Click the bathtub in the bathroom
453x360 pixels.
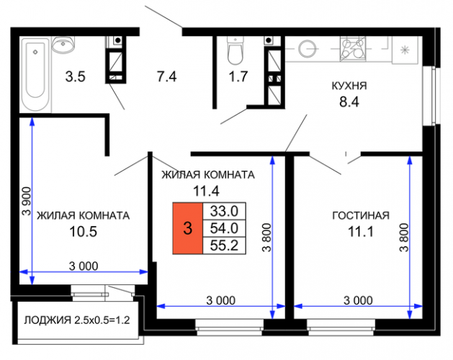[35, 75]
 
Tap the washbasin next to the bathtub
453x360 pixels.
[63, 45]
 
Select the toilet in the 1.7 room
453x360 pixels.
[236, 50]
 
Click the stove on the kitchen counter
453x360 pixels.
[353, 48]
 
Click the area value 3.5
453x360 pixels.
[75, 77]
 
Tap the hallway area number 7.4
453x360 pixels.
[166, 77]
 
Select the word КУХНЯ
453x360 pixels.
[349, 86]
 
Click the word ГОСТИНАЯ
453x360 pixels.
[361, 215]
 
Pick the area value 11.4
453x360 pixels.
[206, 191]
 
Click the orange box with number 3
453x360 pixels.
[188, 228]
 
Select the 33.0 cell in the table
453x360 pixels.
[224, 211]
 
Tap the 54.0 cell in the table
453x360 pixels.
[224, 228]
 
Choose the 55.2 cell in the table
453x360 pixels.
[224, 246]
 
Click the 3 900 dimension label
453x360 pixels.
[27, 202]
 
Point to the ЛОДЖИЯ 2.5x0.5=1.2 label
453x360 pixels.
[77, 320]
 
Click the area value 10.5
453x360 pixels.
[84, 232]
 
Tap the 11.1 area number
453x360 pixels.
[361, 232]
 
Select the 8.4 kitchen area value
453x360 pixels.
[349, 102]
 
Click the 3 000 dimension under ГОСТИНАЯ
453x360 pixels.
[358, 300]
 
